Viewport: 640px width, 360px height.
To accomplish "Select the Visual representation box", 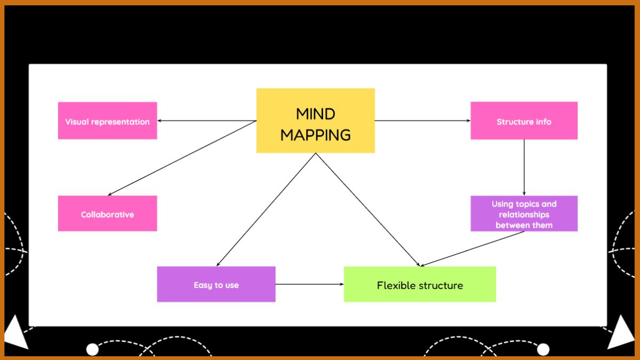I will click(107, 121).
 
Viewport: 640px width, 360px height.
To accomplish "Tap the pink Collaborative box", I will click(107, 214).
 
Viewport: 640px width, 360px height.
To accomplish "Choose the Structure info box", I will click(524, 121).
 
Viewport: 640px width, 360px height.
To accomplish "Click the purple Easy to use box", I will click(216, 285).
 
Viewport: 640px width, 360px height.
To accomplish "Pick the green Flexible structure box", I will click(420, 285).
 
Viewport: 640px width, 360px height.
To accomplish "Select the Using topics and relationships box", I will click(524, 214).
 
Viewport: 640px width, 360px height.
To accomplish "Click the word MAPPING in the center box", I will click(315, 135).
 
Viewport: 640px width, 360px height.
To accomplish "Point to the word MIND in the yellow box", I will click(315, 114).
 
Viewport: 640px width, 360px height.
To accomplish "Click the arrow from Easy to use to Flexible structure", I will click(309, 284).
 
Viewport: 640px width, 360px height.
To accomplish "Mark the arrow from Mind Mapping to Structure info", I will click(422, 121).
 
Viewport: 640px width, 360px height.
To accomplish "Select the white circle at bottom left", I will click(92, 349).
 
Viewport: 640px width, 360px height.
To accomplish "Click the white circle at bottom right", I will click(543, 349).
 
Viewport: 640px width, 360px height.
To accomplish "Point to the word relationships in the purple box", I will click(524, 214).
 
